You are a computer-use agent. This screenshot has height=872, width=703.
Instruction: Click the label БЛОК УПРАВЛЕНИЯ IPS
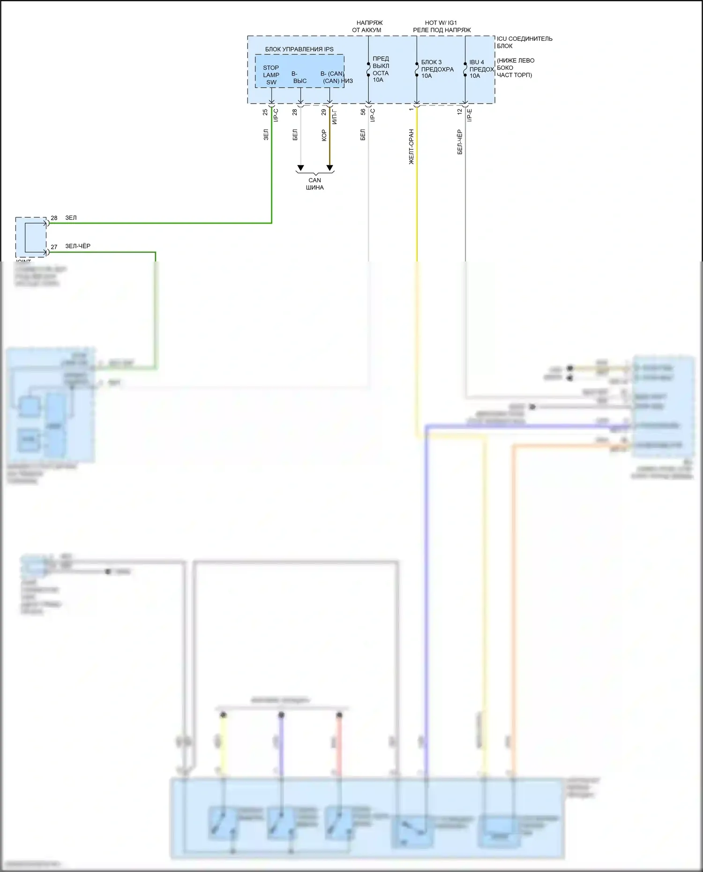tap(299, 49)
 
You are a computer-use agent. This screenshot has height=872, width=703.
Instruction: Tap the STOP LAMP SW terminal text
tap(271, 75)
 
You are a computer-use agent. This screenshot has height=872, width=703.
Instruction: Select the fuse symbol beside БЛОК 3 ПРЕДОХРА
tap(417, 69)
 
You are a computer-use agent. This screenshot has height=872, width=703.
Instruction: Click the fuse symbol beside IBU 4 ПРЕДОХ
tap(465, 69)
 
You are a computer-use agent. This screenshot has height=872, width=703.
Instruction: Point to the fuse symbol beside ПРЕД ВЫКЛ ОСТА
tap(368, 69)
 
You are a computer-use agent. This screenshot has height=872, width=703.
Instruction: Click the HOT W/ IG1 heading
tap(441, 22)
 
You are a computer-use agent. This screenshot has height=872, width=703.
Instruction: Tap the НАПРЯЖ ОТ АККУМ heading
tap(368, 26)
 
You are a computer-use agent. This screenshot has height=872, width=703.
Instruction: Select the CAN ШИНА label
tap(314, 184)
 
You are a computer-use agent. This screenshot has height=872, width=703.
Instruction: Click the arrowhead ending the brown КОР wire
tap(329, 168)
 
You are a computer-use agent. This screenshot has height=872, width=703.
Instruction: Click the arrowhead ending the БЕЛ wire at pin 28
tap(300, 168)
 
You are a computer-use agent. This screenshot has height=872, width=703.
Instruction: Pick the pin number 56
tap(363, 112)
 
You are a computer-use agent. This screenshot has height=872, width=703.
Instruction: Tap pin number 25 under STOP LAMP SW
tap(265, 112)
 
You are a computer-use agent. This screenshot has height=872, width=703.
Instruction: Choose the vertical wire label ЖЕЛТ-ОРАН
tap(411, 147)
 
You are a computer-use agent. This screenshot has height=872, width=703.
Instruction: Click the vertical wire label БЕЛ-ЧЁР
tap(459, 142)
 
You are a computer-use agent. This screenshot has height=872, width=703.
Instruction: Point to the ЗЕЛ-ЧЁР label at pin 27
tap(78, 246)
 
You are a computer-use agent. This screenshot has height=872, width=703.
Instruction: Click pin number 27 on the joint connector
tap(54, 247)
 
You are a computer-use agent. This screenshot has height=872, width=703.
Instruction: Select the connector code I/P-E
tap(470, 115)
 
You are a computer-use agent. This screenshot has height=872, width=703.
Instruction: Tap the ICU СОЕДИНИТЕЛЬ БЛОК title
tap(524, 42)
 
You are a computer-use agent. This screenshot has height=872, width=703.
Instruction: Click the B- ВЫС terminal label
tap(299, 77)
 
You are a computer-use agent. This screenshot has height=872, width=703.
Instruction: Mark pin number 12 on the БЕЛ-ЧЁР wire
tap(459, 112)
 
